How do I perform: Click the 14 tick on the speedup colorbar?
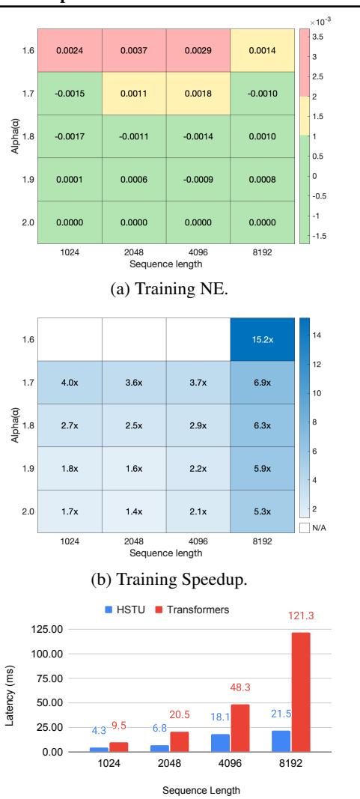click(x=316, y=337)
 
